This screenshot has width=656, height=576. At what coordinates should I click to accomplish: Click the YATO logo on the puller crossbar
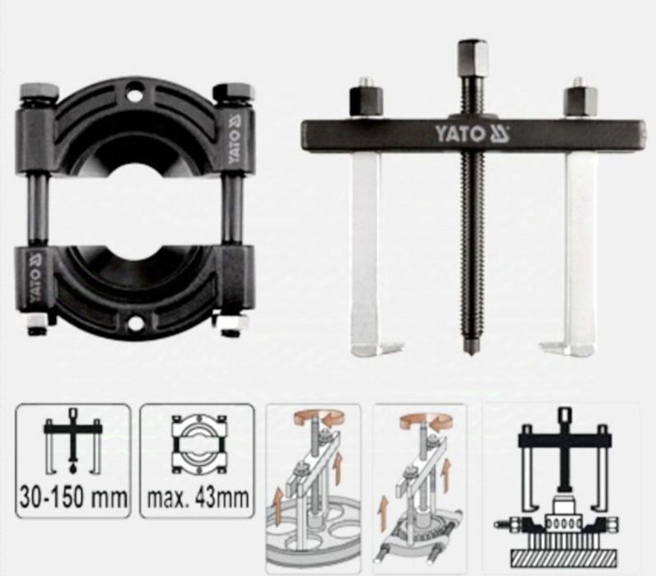coord(472,134)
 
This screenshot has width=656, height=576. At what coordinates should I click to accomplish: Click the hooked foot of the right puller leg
coord(568,349)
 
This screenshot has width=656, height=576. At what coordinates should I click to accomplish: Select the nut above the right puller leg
coord(579,99)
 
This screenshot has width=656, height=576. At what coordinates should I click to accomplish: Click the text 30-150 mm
coord(73,498)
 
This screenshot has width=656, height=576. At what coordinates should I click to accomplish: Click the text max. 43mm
coord(198,498)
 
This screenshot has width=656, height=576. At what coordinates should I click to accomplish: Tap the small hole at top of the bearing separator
coord(135,95)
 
